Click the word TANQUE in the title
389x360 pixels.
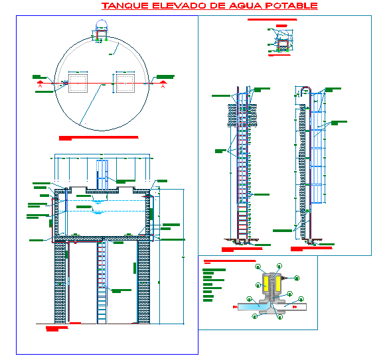coord(122,6)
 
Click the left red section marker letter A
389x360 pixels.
coord(40,86)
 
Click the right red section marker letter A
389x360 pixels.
coord(163,86)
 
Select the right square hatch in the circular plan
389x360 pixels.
coord(125,83)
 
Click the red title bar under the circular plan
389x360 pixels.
coord(98,138)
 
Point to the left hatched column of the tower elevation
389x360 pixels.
coord(61,282)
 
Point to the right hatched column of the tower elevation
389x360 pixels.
coord(143,282)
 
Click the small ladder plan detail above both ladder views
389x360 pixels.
coord(281,44)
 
